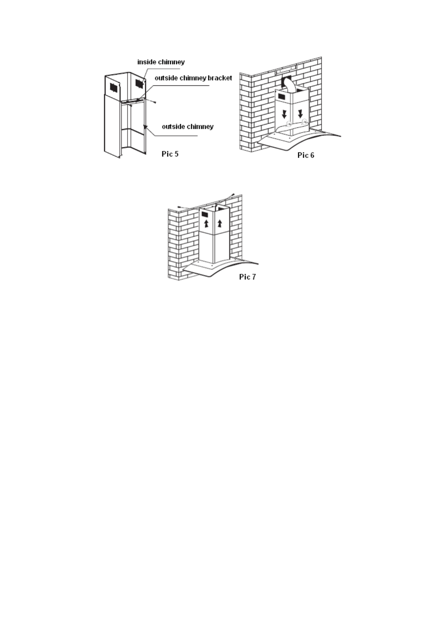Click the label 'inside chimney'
click(161, 62)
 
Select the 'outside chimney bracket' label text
click(193, 78)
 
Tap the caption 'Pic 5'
click(170, 154)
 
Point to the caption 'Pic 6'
click(306, 155)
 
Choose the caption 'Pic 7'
click(247, 277)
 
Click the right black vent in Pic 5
click(139, 83)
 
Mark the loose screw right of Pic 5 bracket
click(155, 102)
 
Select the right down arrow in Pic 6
click(300, 113)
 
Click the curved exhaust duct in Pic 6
click(290, 86)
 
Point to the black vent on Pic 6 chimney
click(282, 96)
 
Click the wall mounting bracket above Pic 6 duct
click(286, 69)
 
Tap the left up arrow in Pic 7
click(206, 223)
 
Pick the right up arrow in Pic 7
click(220, 223)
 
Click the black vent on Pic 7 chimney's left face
click(205, 214)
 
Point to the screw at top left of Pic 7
click(179, 207)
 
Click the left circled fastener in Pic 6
click(289, 124)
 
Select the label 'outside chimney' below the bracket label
click(188, 127)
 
